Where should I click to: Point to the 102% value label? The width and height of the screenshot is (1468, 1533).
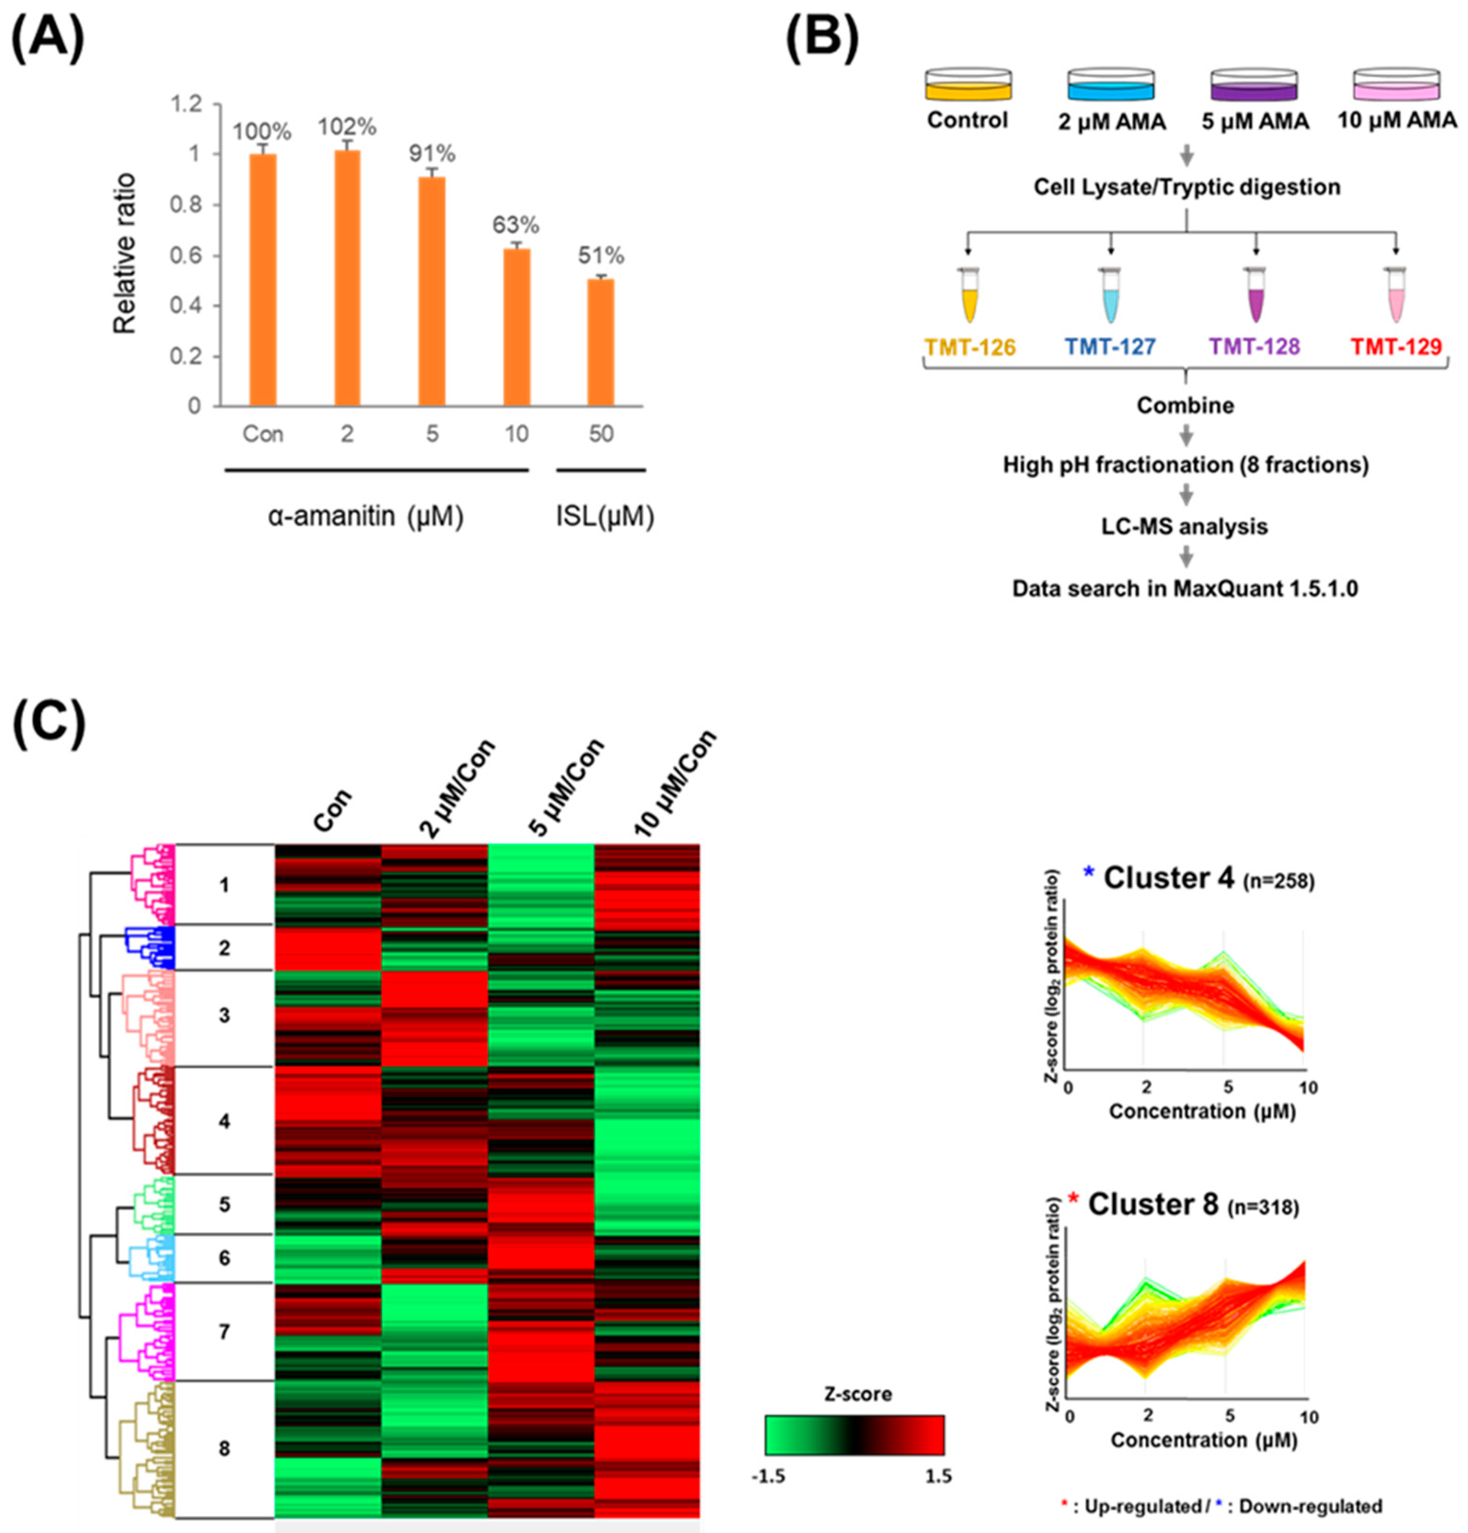point(346,127)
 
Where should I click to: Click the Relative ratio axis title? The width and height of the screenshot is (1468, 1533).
point(125,254)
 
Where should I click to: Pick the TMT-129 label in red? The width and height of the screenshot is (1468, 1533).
point(1395,346)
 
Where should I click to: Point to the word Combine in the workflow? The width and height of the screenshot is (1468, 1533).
point(1185,405)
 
